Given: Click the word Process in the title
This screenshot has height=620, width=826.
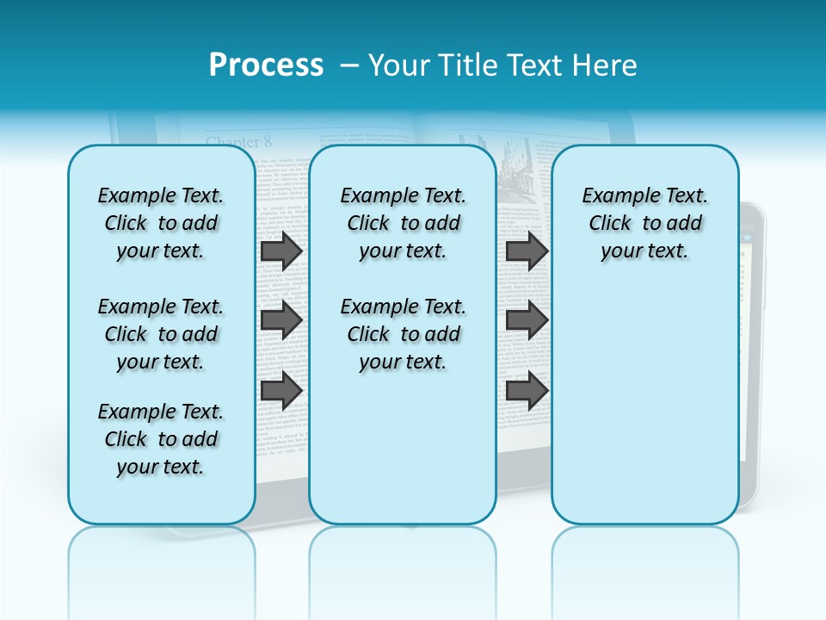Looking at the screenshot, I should (x=266, y=65).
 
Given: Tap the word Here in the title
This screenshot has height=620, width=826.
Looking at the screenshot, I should (x=605, y=65).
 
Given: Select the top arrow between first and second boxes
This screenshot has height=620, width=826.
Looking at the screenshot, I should (x=281, y=251).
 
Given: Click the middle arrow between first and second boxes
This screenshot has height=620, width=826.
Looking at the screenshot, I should (x=281, y=320).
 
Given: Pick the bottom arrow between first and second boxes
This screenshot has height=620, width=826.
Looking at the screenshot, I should (x=281, y=390).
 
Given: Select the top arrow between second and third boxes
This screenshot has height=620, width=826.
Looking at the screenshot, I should (x=527, y=251).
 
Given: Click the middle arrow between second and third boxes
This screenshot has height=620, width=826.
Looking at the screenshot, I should (x=527, y=320).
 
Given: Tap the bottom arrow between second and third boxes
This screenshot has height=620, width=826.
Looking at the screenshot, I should (x=527, y=390).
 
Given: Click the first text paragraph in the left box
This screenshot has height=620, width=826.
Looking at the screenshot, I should (x=161, y=223).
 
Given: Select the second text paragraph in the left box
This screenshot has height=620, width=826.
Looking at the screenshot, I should (x=161, y=334).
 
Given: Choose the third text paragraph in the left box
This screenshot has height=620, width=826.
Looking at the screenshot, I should (x=161, y=439).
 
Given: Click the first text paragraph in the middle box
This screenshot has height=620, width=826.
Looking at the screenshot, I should (x=403, y=223).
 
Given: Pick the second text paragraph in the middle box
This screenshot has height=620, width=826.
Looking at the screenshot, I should (x=403, y=334).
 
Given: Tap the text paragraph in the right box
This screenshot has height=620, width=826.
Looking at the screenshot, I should (x=644, y=223).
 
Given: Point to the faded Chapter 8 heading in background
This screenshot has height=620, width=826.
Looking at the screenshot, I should (x=238, y=141).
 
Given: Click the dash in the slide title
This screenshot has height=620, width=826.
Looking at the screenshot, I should (x=349, y=66).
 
